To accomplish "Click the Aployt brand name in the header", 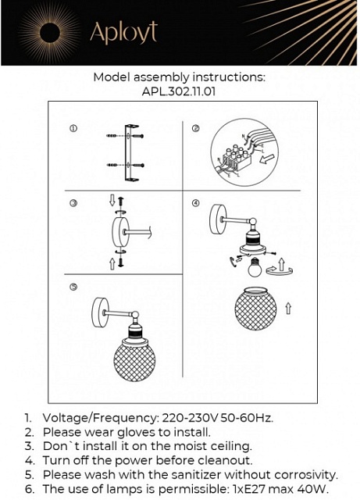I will pos(123,32).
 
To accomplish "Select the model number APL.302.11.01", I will pos(179,91).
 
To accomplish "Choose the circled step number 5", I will pos(73,287).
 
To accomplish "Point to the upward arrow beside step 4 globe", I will pos(288,309).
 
